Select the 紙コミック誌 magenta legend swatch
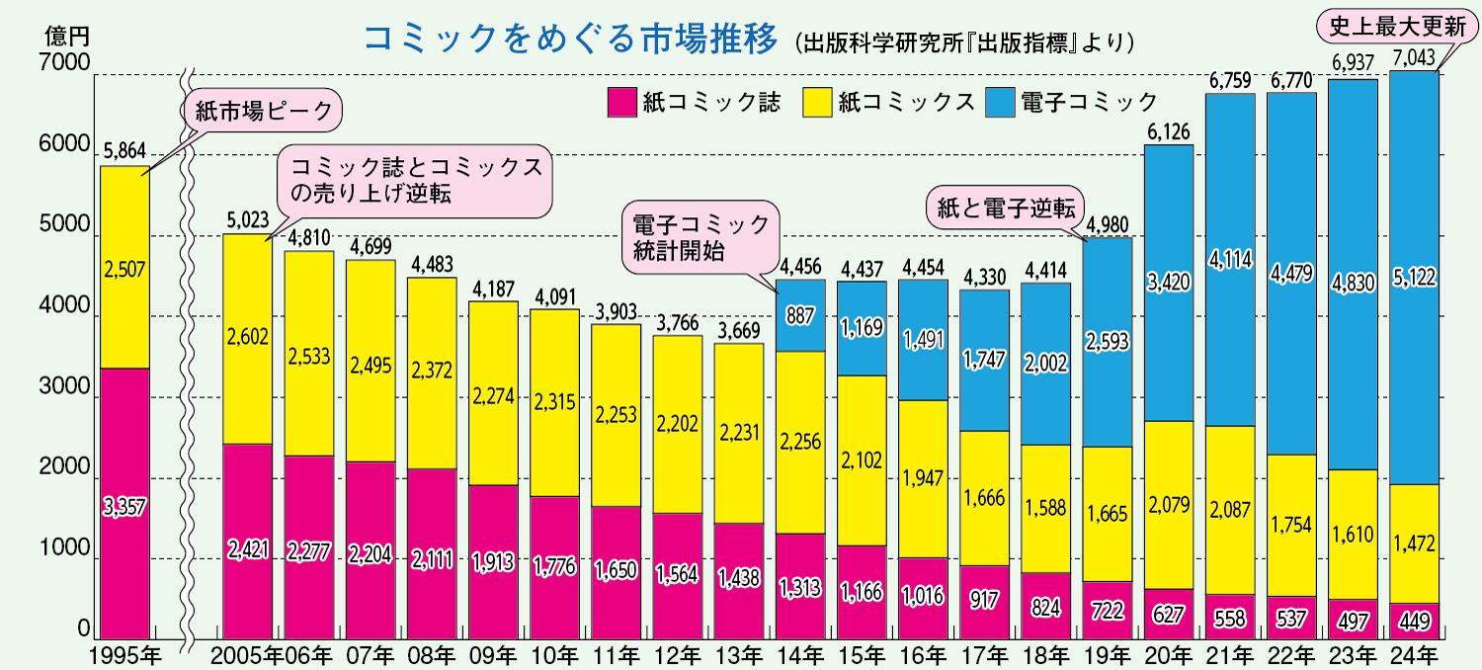(621, 102)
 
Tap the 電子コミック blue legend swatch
(1000, 102)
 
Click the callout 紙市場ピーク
(262, 112)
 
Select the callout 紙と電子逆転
(1004, 209)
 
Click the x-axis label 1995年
(123, 654)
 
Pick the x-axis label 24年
(1414, 654)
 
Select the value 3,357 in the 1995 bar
(123, 507)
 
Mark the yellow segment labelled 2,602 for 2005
(246, 339)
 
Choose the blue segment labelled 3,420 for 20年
(1169, 284)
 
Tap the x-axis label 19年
(1108, 654)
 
